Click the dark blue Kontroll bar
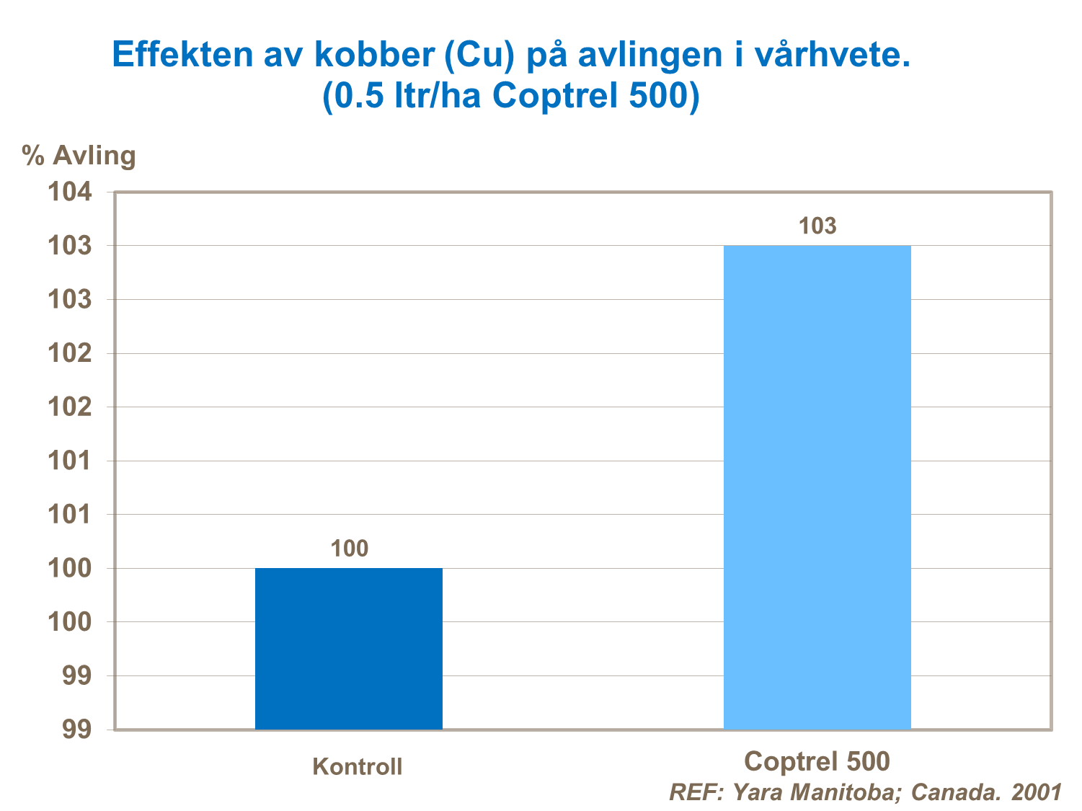click(349, 648)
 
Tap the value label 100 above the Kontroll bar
click(350, 549)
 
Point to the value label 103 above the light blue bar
click(817, 226)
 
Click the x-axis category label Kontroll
click(358, 766)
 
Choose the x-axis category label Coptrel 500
click(817, 761)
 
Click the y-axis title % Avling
click(79, 155)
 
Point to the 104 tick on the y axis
click(70, 192)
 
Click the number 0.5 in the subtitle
click(358, 96)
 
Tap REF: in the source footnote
click(696, 792)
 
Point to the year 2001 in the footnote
click(1037, 792)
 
